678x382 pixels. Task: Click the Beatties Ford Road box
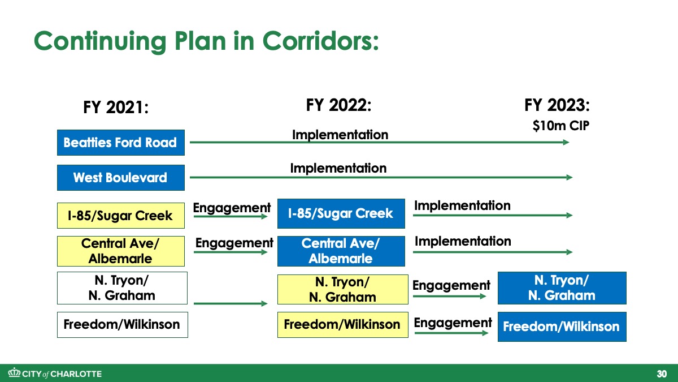tap(121, 143)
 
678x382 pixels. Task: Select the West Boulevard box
tap(121, 178)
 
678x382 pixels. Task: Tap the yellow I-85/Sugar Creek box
tap(121, 216)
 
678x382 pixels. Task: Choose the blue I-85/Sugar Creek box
tap(341, 213)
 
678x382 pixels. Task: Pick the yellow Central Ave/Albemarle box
tap(121, 251)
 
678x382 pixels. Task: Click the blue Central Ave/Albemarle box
tap(341, 251)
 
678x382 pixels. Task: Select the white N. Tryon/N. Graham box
tap(122, 288)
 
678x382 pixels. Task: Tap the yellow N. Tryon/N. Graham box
tap(342, 290)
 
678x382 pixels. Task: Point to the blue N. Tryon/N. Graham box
tap(562, 288)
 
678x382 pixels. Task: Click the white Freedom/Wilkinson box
tap(122, 325)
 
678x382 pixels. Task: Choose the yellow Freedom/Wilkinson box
tap(342, 325)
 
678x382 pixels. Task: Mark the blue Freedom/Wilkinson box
tap(562, 327)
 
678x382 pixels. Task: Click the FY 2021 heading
tap(116, 108)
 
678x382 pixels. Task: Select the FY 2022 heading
tap(338, 105)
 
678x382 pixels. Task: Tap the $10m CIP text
tap(561, 126)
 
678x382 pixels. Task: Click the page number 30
tap(662, 374)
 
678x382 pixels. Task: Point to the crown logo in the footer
tap(14, 372)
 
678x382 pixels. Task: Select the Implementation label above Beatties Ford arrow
tap(340, 135)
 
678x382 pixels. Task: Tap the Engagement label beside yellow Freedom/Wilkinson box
tap(453, 323)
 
